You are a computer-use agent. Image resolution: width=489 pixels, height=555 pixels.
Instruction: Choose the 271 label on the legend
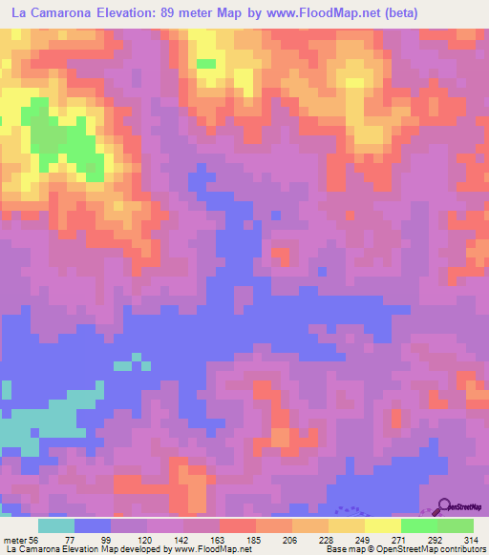pos(397,540)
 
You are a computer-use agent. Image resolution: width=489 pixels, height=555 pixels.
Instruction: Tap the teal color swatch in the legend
pos(56,525)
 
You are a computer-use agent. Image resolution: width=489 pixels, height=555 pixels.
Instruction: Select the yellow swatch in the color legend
pos(347,525)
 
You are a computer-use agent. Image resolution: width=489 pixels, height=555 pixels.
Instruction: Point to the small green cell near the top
pos(205,64)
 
